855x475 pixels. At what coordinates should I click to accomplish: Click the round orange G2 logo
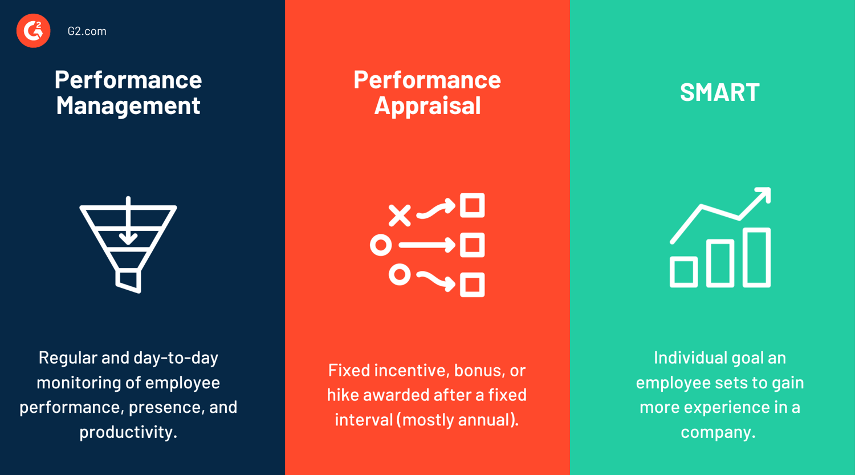pos(33,31)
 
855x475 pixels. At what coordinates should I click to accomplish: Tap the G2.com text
pos(87,31)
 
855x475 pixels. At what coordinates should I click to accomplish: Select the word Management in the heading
pos(128,105)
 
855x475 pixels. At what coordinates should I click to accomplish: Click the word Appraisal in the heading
pos(427,105)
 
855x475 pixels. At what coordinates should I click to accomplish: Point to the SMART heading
pos(719,92)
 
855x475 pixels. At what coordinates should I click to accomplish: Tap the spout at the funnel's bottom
pos(129,282)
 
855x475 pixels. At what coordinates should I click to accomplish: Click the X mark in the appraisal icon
pos(400,216)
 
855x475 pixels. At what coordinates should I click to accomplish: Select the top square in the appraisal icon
pos(472,205)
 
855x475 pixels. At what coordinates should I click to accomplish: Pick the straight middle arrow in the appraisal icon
pos(427,245)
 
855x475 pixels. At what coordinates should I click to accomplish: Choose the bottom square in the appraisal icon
pos(472,285)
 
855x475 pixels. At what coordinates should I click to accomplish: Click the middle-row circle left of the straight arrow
pos(381,245)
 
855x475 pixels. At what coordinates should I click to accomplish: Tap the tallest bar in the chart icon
pos(756,257)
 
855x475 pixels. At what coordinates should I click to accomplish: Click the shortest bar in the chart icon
pos(683,272)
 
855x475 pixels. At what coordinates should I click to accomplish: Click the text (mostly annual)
pos(458,420)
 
